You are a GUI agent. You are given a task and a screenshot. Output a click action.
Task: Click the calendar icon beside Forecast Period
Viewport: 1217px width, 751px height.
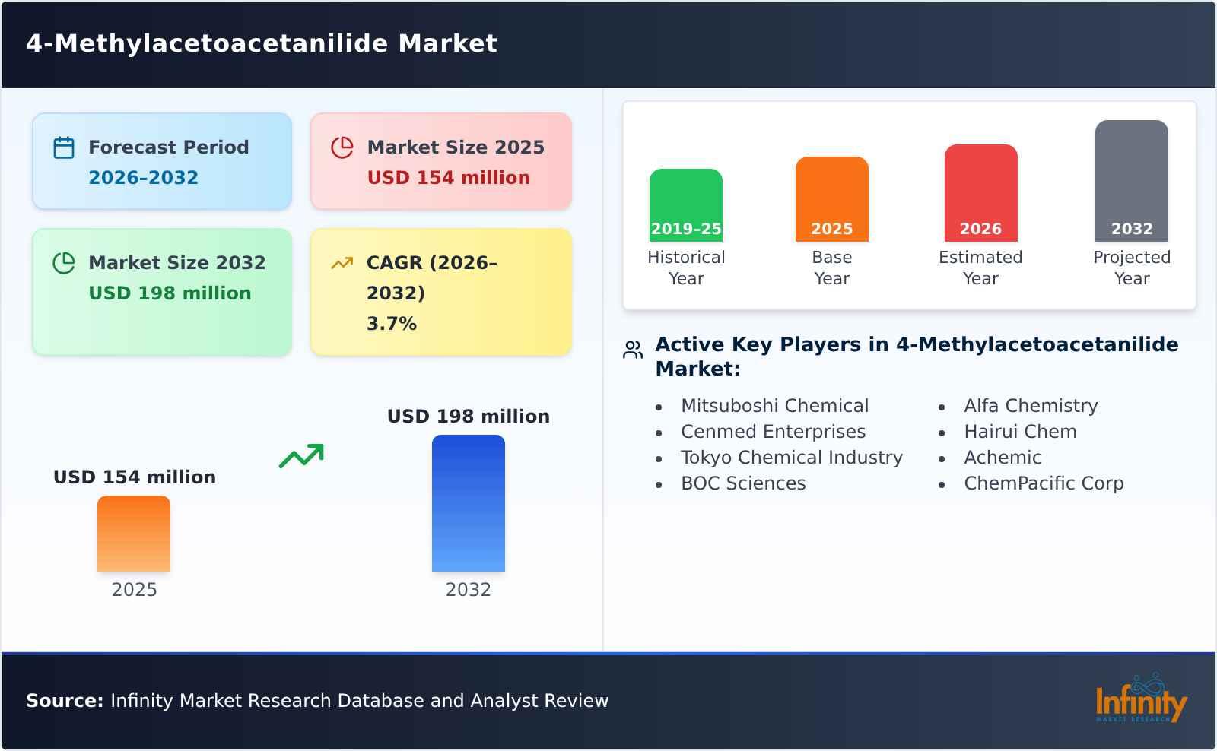(64, 147)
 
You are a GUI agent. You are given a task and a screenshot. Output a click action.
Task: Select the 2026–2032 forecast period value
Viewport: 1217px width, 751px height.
(143, 178)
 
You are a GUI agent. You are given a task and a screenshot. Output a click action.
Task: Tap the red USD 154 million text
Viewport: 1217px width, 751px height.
(448, 178)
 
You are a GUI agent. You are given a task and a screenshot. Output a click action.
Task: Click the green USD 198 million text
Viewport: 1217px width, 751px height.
(170, 293)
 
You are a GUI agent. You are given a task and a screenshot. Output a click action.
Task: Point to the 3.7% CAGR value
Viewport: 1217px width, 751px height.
(391, 324)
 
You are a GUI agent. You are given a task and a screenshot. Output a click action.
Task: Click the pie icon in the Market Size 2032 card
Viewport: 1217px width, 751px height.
(64, 263)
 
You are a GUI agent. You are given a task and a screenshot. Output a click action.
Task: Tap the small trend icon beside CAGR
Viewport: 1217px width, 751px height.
(342, 263)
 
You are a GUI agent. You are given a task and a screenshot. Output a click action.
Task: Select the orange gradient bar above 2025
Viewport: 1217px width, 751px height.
(134, 534)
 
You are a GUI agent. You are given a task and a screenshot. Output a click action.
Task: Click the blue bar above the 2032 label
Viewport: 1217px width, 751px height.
(468, 503)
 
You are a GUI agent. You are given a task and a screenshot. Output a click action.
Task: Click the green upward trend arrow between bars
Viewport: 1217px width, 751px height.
(301, 456)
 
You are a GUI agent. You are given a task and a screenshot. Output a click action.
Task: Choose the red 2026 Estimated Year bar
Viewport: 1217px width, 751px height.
(980, 193)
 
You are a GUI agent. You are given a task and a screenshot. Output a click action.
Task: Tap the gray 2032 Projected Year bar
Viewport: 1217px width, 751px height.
(1131, 181)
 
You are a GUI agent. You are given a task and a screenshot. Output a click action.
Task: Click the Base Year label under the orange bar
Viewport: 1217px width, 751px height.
(831, 268)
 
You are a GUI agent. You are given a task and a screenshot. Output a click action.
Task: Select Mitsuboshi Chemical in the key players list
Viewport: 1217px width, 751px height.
(774, 406)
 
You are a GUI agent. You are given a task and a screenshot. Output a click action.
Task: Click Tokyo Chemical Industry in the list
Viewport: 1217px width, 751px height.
(791, 458)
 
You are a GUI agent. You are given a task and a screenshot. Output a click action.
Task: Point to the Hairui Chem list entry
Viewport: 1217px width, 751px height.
(1019, 432)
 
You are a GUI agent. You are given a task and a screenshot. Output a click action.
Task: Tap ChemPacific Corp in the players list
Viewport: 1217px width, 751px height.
(1043, 483)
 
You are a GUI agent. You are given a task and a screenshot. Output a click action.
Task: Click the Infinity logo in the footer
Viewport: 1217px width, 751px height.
(1140, 699)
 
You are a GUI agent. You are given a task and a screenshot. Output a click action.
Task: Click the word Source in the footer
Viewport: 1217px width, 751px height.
(64, 701)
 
